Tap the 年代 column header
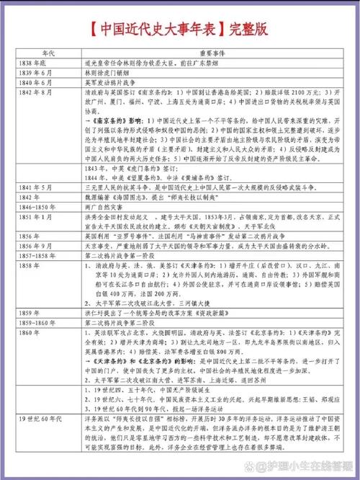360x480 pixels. pos(48,53)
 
